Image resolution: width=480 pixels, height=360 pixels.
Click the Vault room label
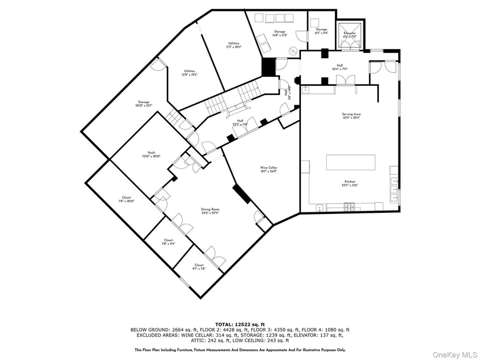coord(151,154)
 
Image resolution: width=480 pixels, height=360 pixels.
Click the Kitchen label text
coord(350,183)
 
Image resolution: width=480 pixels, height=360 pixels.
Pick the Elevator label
coord(350,35)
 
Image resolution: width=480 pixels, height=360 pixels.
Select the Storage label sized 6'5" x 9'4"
coord(322,32)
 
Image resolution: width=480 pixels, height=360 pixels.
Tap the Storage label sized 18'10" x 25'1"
coord(143,104)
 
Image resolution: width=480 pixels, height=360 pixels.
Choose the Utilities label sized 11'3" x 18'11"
coord(234,45)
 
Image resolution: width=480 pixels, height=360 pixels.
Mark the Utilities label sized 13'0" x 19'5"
coord(189,73)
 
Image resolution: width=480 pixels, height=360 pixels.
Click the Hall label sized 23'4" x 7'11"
coord(340,67)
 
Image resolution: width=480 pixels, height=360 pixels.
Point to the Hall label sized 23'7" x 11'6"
coord(240,123)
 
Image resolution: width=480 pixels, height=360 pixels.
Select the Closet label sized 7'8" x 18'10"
coord(126,199)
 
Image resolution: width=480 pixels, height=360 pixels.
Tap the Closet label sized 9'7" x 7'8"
coord(199,267)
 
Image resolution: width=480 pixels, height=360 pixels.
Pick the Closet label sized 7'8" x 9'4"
coord(168,242)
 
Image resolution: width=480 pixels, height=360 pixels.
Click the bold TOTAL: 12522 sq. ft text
coord(239,324)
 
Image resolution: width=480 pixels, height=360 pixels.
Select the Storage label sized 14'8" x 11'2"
coord(280,34)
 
